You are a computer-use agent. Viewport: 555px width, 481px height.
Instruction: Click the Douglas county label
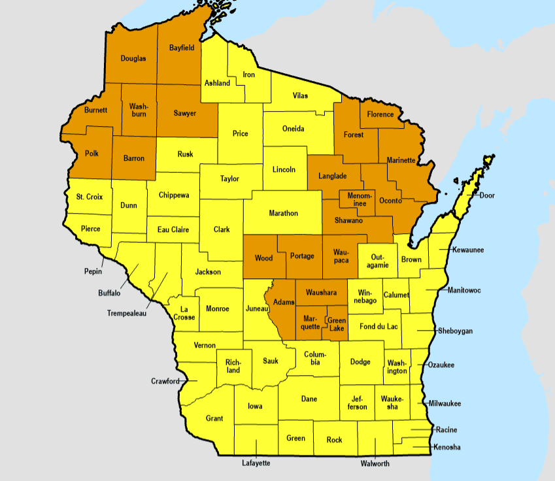tap(133, 58)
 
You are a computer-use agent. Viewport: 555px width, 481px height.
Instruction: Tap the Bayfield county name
tap(182, 48)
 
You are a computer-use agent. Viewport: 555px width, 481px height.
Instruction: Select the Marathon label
tap(283, 213)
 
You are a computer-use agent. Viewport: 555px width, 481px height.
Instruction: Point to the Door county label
tap(487, 195)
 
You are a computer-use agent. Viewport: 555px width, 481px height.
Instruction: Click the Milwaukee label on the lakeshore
tap(445, 404)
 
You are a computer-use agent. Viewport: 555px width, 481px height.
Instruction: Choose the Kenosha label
tap(447, 448)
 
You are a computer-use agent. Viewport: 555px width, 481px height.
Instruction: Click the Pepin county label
tap(93, 271)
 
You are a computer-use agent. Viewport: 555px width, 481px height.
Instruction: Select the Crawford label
tap(165, 381)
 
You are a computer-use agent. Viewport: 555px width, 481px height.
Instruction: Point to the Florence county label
tap(380, 114)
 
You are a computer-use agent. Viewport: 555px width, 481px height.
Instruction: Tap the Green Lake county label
tap(337, 324)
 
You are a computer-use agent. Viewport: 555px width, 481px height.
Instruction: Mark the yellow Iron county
tap(248, 75)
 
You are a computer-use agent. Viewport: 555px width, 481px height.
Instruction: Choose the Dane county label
tap(309, 399)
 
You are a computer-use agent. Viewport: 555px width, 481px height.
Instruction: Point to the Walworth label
tap(375, 464)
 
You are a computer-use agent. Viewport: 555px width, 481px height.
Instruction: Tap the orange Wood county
tap(263, 257)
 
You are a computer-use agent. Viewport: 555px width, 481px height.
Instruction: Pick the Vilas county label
tap(299, 95)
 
